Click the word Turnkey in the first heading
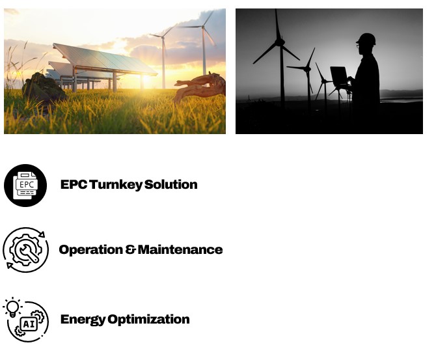click(x=116, y=185)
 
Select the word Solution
click(x=170, y=184)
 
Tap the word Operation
click(x=91, y=250)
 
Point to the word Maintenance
click(x=180, y=249)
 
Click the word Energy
click(x=83, y=320)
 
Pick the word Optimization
click(x=148, y=320)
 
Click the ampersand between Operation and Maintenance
click(x=130, y=249)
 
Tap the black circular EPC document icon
click(x=25, y=186)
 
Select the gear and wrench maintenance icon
click(x=25, y=250)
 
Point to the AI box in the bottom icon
click(x=29, y=324)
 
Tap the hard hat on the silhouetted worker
click(x=366, y=39)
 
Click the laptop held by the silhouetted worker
click(x=338, y=76)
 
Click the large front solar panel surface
click(x=105, y=59)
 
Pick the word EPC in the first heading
click(x=74, y=184)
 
